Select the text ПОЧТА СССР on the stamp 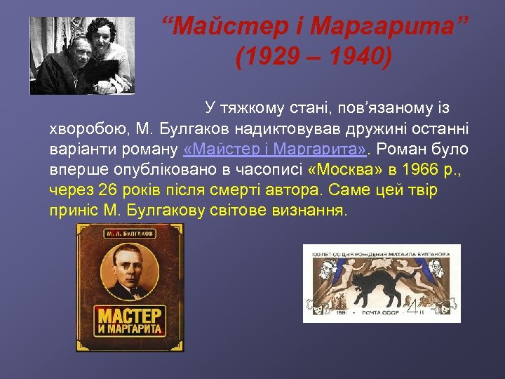[379, 312]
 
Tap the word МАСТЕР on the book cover [128, 315]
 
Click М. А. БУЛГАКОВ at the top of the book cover [128, 233]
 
